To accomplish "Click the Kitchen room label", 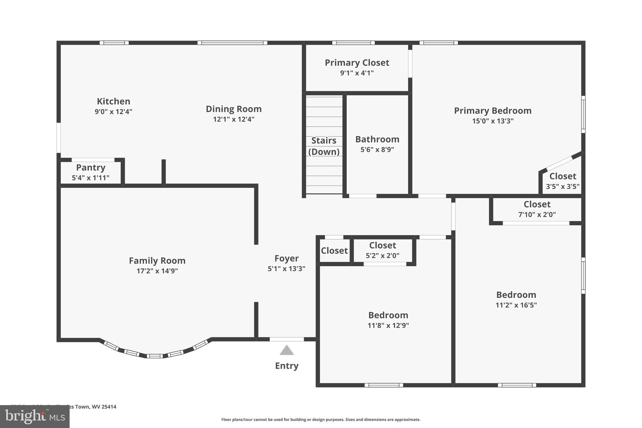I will (x=113, y=101).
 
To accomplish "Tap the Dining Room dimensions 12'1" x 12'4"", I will (x=234, y=119).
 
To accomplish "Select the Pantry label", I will (x=91, y=167).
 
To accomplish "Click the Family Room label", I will (x=157, y=261).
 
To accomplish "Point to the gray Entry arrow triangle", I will (x=287, y=351).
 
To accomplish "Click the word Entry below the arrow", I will (x=287, y=366).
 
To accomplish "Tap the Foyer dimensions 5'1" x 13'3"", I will (x=286, y=269).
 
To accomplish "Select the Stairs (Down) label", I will (x=324, y=146).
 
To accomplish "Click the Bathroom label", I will (x=377, y=139).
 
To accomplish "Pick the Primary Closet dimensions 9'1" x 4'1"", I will (x=357, y=73).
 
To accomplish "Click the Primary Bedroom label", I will (x=492, y=111).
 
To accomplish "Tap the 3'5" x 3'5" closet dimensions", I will (x=563, y=187).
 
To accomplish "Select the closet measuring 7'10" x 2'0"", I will (x=537, y=209).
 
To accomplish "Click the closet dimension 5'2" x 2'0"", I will (x=382, y=256).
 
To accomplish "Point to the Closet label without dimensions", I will (x=334, y=251).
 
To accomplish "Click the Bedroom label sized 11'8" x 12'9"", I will (x=388, y=315).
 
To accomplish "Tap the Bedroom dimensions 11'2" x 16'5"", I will (x=516, y=305).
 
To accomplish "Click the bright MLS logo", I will (x=35, y=416).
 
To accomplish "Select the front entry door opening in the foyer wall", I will (x=287, y=339).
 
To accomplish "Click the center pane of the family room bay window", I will (x=155, y=356).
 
